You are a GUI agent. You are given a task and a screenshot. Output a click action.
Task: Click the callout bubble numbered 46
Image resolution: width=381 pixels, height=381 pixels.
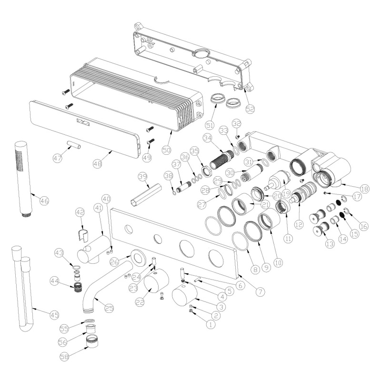pyautogui.click(x=44, y=201)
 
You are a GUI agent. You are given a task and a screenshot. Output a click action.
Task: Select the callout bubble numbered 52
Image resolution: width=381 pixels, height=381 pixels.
pyautogui.click(x=250, y=109)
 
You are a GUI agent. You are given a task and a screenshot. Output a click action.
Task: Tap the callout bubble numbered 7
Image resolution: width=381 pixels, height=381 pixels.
pyautogui.click(x=260, y=291)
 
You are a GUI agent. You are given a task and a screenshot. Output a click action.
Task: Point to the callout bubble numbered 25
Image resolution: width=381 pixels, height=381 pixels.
pyautogui.click(x=109, y=308)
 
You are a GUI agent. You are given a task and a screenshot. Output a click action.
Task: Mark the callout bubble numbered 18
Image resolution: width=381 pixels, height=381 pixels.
pyautogui.click(x=364, y=189)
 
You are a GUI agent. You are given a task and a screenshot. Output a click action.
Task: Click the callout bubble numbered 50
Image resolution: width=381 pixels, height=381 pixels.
pyautogui.click(x=167, y=150)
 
